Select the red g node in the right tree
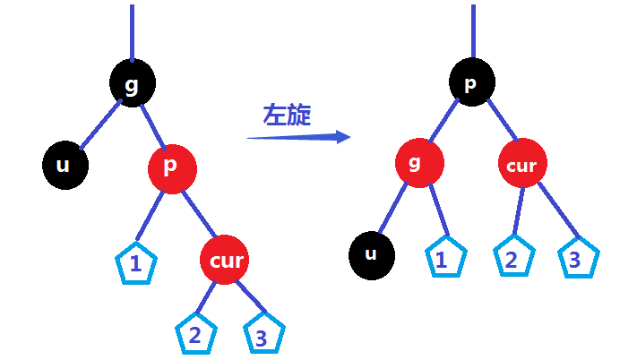point(419,165)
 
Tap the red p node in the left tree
point(172,167)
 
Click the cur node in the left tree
point(223,260)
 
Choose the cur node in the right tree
point(521,166)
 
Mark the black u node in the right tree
point(372,254)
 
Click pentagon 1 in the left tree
point(136,263)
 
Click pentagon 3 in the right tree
point(578,258)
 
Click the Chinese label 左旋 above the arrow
point(287,116)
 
